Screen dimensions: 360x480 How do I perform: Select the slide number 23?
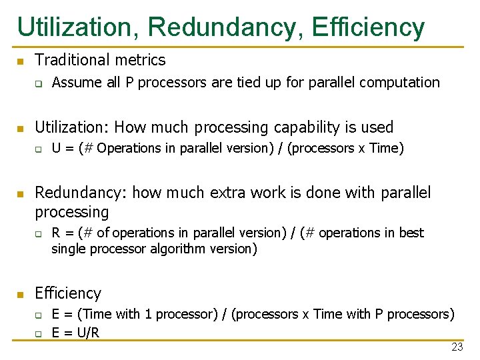pos(457,347)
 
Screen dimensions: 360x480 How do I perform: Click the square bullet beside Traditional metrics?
pos(21,61)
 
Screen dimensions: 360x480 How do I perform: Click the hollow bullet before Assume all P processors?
pos(39,83)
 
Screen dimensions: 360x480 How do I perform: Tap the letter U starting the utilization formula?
pos(57,149)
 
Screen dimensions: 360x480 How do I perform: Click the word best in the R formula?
pos(411,233)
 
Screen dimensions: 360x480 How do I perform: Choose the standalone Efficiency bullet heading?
pos(68,293)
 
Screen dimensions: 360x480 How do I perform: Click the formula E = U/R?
pos(75,332)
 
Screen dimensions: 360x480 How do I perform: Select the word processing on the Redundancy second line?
pos(71,212)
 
